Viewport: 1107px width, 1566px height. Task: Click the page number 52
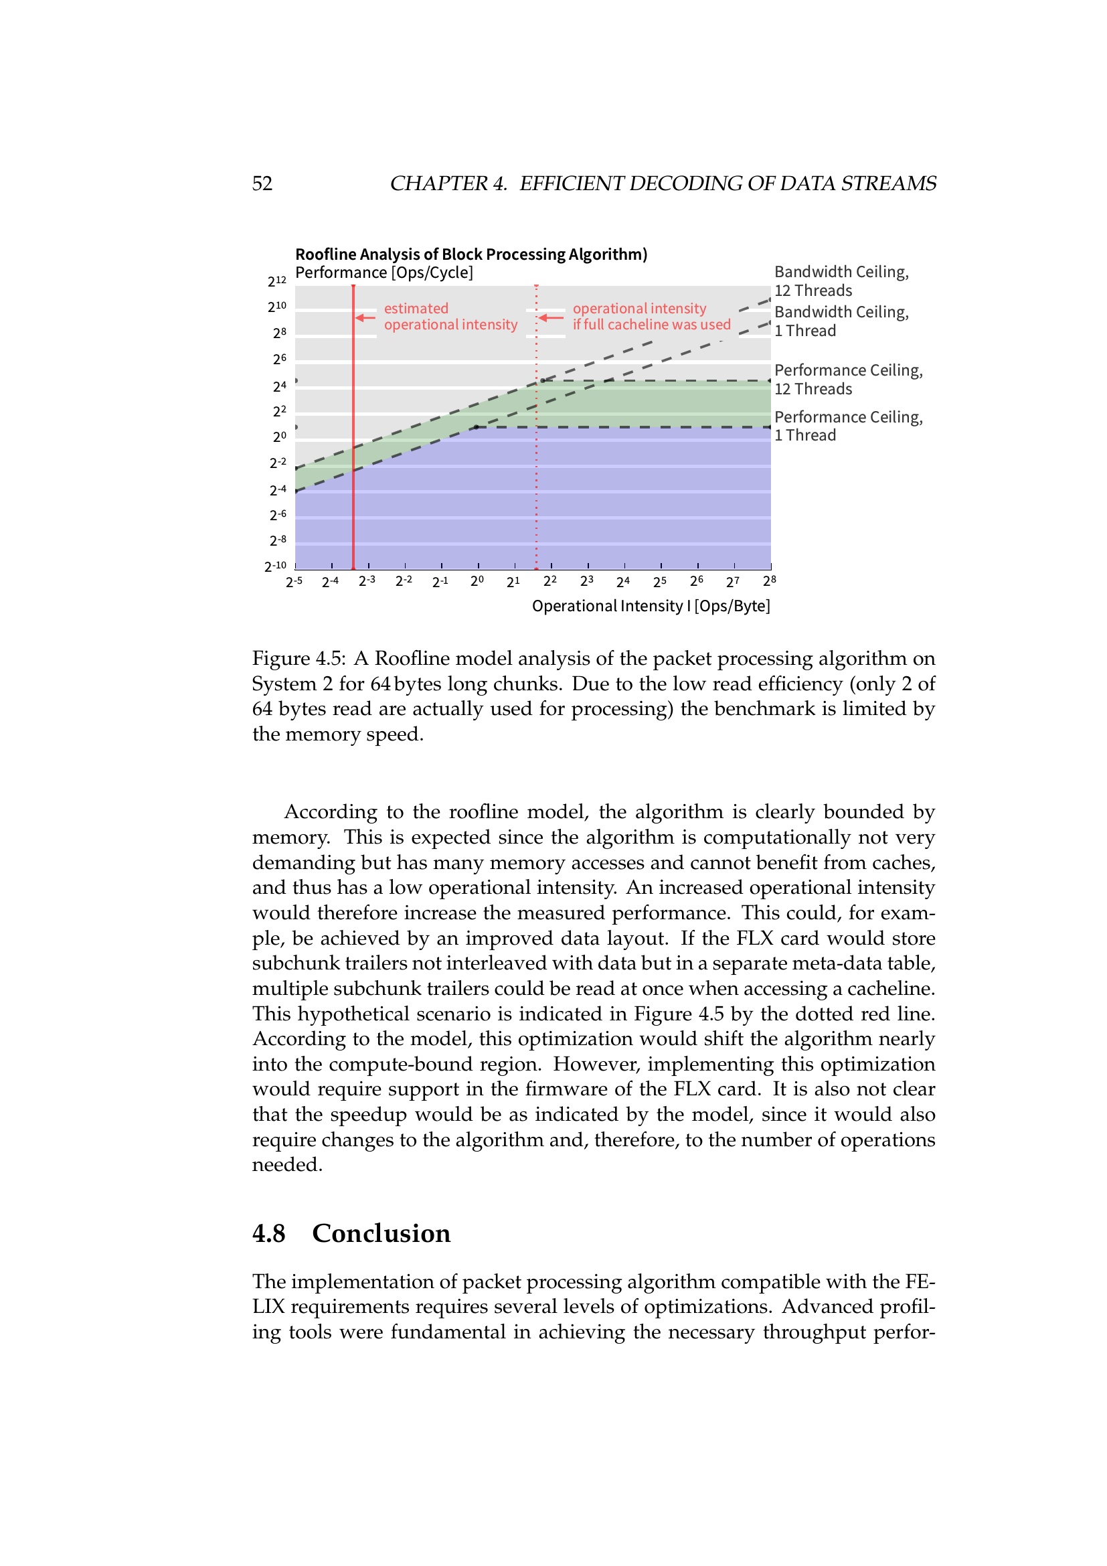click(262, 183)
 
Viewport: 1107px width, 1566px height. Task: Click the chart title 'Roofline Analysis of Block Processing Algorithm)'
click(471, 254)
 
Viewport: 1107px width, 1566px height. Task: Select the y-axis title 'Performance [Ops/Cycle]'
click(384, 272)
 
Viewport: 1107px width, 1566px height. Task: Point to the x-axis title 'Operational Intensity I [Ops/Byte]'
click(651, 606)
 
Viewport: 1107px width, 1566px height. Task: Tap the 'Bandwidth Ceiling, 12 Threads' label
click(841, 281)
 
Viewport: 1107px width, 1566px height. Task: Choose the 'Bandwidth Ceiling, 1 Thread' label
click(841, 321)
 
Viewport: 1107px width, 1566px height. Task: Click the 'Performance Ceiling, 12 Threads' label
click(848, 379)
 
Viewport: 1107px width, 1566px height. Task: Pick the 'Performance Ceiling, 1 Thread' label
click(848, 426)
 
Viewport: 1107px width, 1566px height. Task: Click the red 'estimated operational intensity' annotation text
click(450, 317)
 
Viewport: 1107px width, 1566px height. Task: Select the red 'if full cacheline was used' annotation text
click(651, 325)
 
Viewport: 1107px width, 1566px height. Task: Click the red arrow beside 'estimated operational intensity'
click(365, 317)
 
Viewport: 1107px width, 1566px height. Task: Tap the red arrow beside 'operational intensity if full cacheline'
click(551, 317)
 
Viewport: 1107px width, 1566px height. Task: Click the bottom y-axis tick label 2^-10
click(275, 566)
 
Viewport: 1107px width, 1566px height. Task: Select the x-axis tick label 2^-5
click(294, 582)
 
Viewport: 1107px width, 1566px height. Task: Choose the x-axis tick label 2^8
click(770, 581)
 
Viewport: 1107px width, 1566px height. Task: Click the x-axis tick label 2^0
click(477, 581)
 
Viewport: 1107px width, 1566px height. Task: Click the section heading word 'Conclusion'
click(381, 1234)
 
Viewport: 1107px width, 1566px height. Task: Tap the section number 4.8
click(268, 1234)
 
